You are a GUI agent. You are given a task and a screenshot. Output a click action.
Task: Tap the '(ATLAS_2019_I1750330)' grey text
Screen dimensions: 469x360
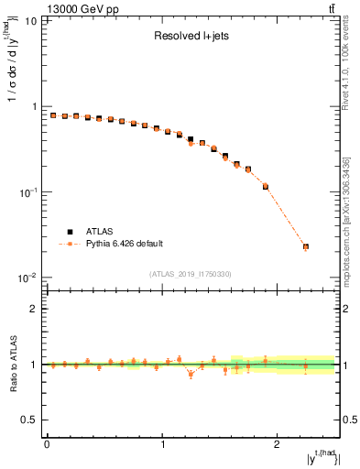coord(191,274)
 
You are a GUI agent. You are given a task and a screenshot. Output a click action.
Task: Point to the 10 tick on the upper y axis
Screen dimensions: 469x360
coord(30,20)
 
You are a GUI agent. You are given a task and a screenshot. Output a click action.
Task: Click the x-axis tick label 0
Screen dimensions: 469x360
coord(47,444)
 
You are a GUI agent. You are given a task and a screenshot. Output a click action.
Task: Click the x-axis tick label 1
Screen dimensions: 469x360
coord(162,444)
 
